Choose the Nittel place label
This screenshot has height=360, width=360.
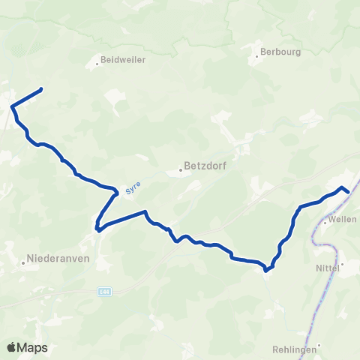click(x=325, y=265)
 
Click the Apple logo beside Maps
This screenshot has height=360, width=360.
click(x=13, y=347)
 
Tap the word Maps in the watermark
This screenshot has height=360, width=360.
click(x=34, y=347)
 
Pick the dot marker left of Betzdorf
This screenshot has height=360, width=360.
click(x=181, y=169)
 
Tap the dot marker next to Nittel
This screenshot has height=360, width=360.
click(x=342, y=265)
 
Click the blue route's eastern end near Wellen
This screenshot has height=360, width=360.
click(x=348, y=191)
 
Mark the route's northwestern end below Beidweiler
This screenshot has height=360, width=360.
click(x=40, y=90)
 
